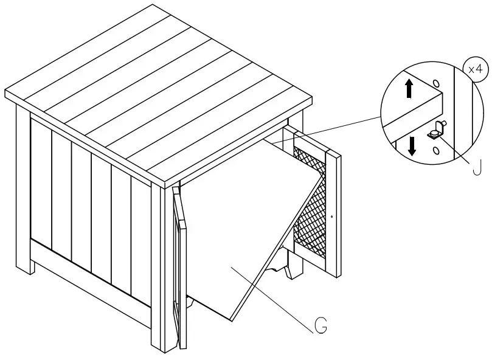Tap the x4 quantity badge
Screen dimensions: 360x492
pyautogui.click(x=476, y=69)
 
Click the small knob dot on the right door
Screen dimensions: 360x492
pyautogui.click(x=332, y=216)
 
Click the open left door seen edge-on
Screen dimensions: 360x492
pyautogui.click(x=178, y=268)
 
